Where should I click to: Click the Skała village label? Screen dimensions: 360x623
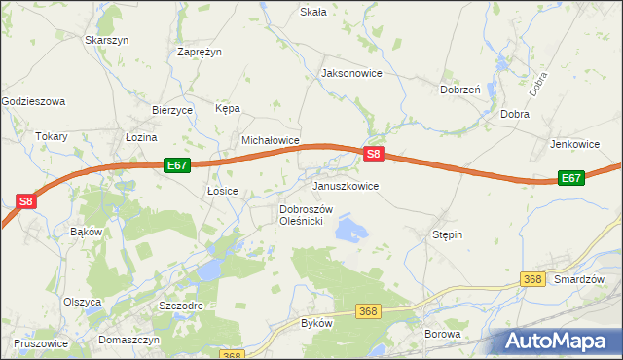312,12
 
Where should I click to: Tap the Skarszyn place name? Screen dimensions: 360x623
107,40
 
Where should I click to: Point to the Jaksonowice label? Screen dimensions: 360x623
351,73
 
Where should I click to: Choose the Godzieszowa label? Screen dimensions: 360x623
33,100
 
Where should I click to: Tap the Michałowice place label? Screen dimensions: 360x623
270,140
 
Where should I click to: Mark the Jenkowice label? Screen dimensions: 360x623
574,144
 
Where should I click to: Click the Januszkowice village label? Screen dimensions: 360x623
345,185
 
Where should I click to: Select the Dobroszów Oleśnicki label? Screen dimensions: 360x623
307,215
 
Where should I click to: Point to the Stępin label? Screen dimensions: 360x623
447,234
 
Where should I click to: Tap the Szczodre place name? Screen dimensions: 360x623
180,305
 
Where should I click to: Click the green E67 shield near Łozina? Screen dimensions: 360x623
176,165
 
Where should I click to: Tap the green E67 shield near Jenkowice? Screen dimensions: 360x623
571,178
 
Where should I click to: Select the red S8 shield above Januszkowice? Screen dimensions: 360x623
375,154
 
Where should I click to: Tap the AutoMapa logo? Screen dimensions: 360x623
555,342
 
